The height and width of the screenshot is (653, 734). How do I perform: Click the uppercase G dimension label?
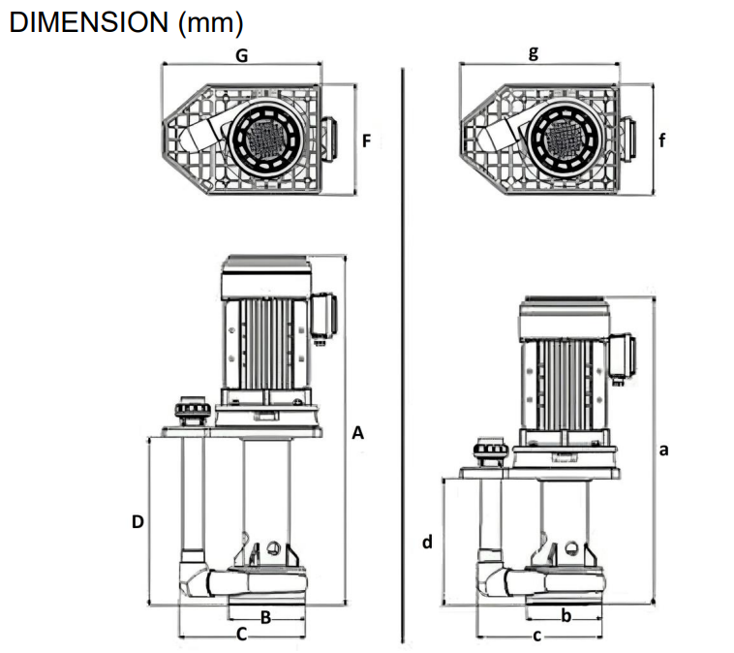click(242, 56)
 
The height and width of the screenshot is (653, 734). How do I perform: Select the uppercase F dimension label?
click(366, 140)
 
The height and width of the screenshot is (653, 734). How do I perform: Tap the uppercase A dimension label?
click(357, 434)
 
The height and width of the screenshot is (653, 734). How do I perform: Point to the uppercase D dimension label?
click(138, 521)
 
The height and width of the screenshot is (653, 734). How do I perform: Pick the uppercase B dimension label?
click(264, 616)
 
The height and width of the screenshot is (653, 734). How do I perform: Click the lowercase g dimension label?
click(533, 54)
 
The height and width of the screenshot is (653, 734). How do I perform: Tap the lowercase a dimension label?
click(663, 450)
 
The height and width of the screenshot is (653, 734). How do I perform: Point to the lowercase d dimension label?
click(426, 542)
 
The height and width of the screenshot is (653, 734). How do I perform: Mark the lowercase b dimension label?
click(566, 615)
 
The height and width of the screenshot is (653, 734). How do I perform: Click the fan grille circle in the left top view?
click(267, 141)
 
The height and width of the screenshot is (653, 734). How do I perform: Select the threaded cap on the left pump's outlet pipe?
click(191, 412)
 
